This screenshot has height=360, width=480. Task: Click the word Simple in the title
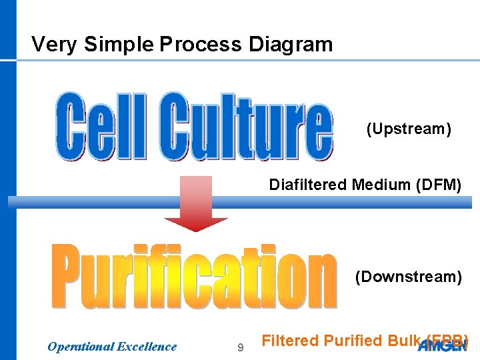coord(118,45)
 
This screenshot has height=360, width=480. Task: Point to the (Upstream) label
coord(409,129)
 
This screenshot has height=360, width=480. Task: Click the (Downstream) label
coord(408,277)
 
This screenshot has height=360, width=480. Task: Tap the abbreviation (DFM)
coord(438,185)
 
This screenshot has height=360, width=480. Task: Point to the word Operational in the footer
coord(81,347)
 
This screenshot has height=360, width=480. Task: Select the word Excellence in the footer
coord(147,347)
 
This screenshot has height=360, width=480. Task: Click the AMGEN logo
coord(443,345)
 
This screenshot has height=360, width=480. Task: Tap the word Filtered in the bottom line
coord(291,341)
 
